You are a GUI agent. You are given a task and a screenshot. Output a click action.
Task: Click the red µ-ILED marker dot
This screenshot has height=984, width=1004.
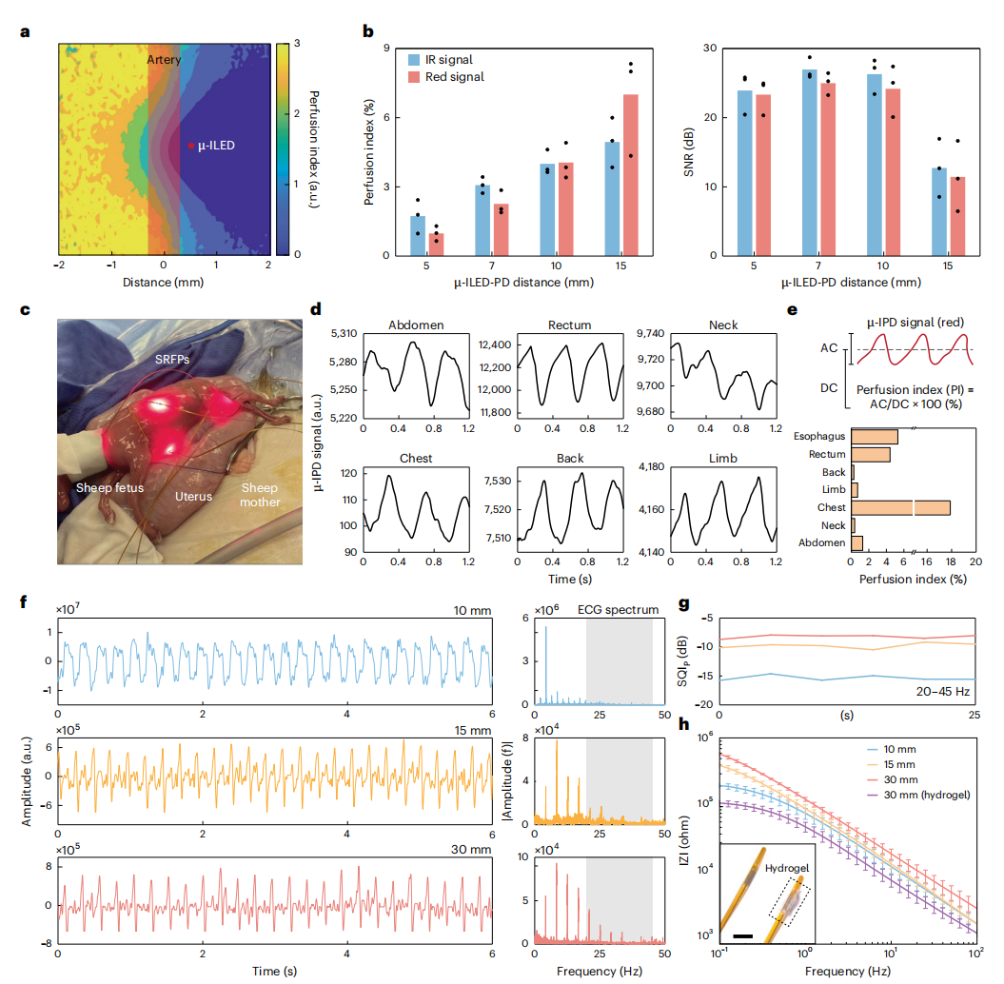190,146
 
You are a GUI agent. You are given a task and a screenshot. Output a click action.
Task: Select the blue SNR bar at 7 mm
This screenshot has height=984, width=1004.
784,163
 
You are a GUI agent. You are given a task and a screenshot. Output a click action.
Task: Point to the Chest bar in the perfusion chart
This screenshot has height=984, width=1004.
899,507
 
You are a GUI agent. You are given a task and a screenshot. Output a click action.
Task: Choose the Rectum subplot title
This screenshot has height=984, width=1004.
568,325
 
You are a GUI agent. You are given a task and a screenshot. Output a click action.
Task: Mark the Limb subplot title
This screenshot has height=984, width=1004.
723,458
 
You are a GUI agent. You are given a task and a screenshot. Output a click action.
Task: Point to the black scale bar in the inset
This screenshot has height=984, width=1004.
744,936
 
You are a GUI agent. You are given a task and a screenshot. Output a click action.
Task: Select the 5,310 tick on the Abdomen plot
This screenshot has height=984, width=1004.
342,333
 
